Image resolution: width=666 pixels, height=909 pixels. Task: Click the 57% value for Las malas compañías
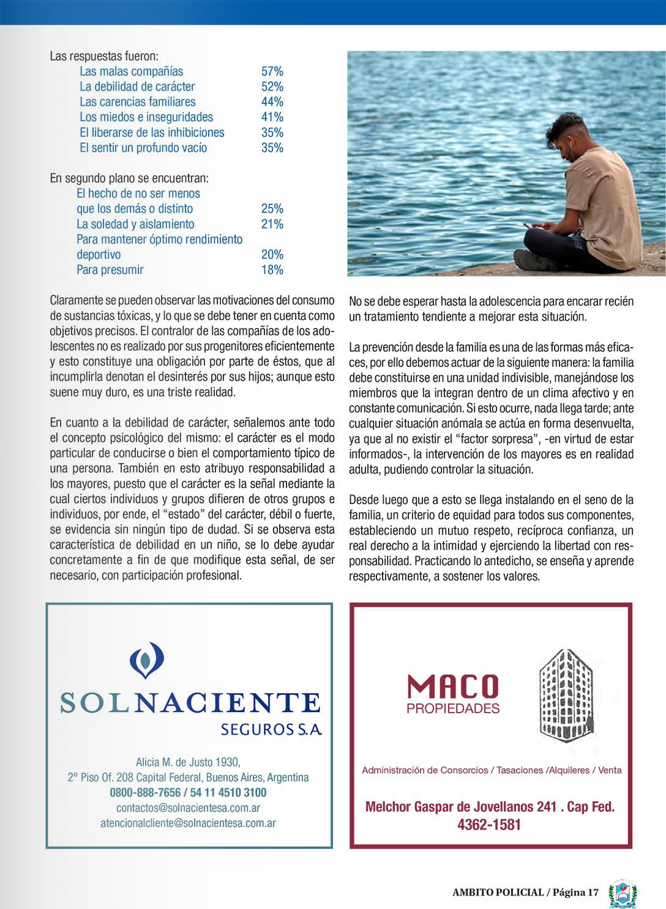point(272,72)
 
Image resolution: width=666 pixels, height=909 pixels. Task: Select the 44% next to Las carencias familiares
point(272,102)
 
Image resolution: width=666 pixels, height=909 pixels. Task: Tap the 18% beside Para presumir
point(272,270)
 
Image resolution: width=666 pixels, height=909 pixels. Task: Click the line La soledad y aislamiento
point(135,224)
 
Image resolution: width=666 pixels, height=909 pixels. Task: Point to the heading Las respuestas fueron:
point(104,56)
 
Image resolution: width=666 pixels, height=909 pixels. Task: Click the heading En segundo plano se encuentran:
point(129,179)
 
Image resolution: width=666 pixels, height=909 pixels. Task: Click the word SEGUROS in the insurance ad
point(256,729)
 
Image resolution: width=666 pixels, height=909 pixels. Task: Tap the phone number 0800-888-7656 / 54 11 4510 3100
point(188,793)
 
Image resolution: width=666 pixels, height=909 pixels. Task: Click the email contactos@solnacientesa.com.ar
point(188,808)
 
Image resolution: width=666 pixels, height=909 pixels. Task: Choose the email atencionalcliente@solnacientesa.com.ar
point(188,823)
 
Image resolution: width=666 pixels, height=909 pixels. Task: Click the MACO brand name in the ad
point(453,686)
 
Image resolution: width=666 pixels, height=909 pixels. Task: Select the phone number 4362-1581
point(489,825)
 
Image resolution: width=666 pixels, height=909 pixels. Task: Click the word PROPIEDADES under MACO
point(453,709)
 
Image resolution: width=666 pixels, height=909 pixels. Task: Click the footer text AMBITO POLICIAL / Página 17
point(525,892)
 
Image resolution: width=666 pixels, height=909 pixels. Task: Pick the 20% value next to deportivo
point(272,254)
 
